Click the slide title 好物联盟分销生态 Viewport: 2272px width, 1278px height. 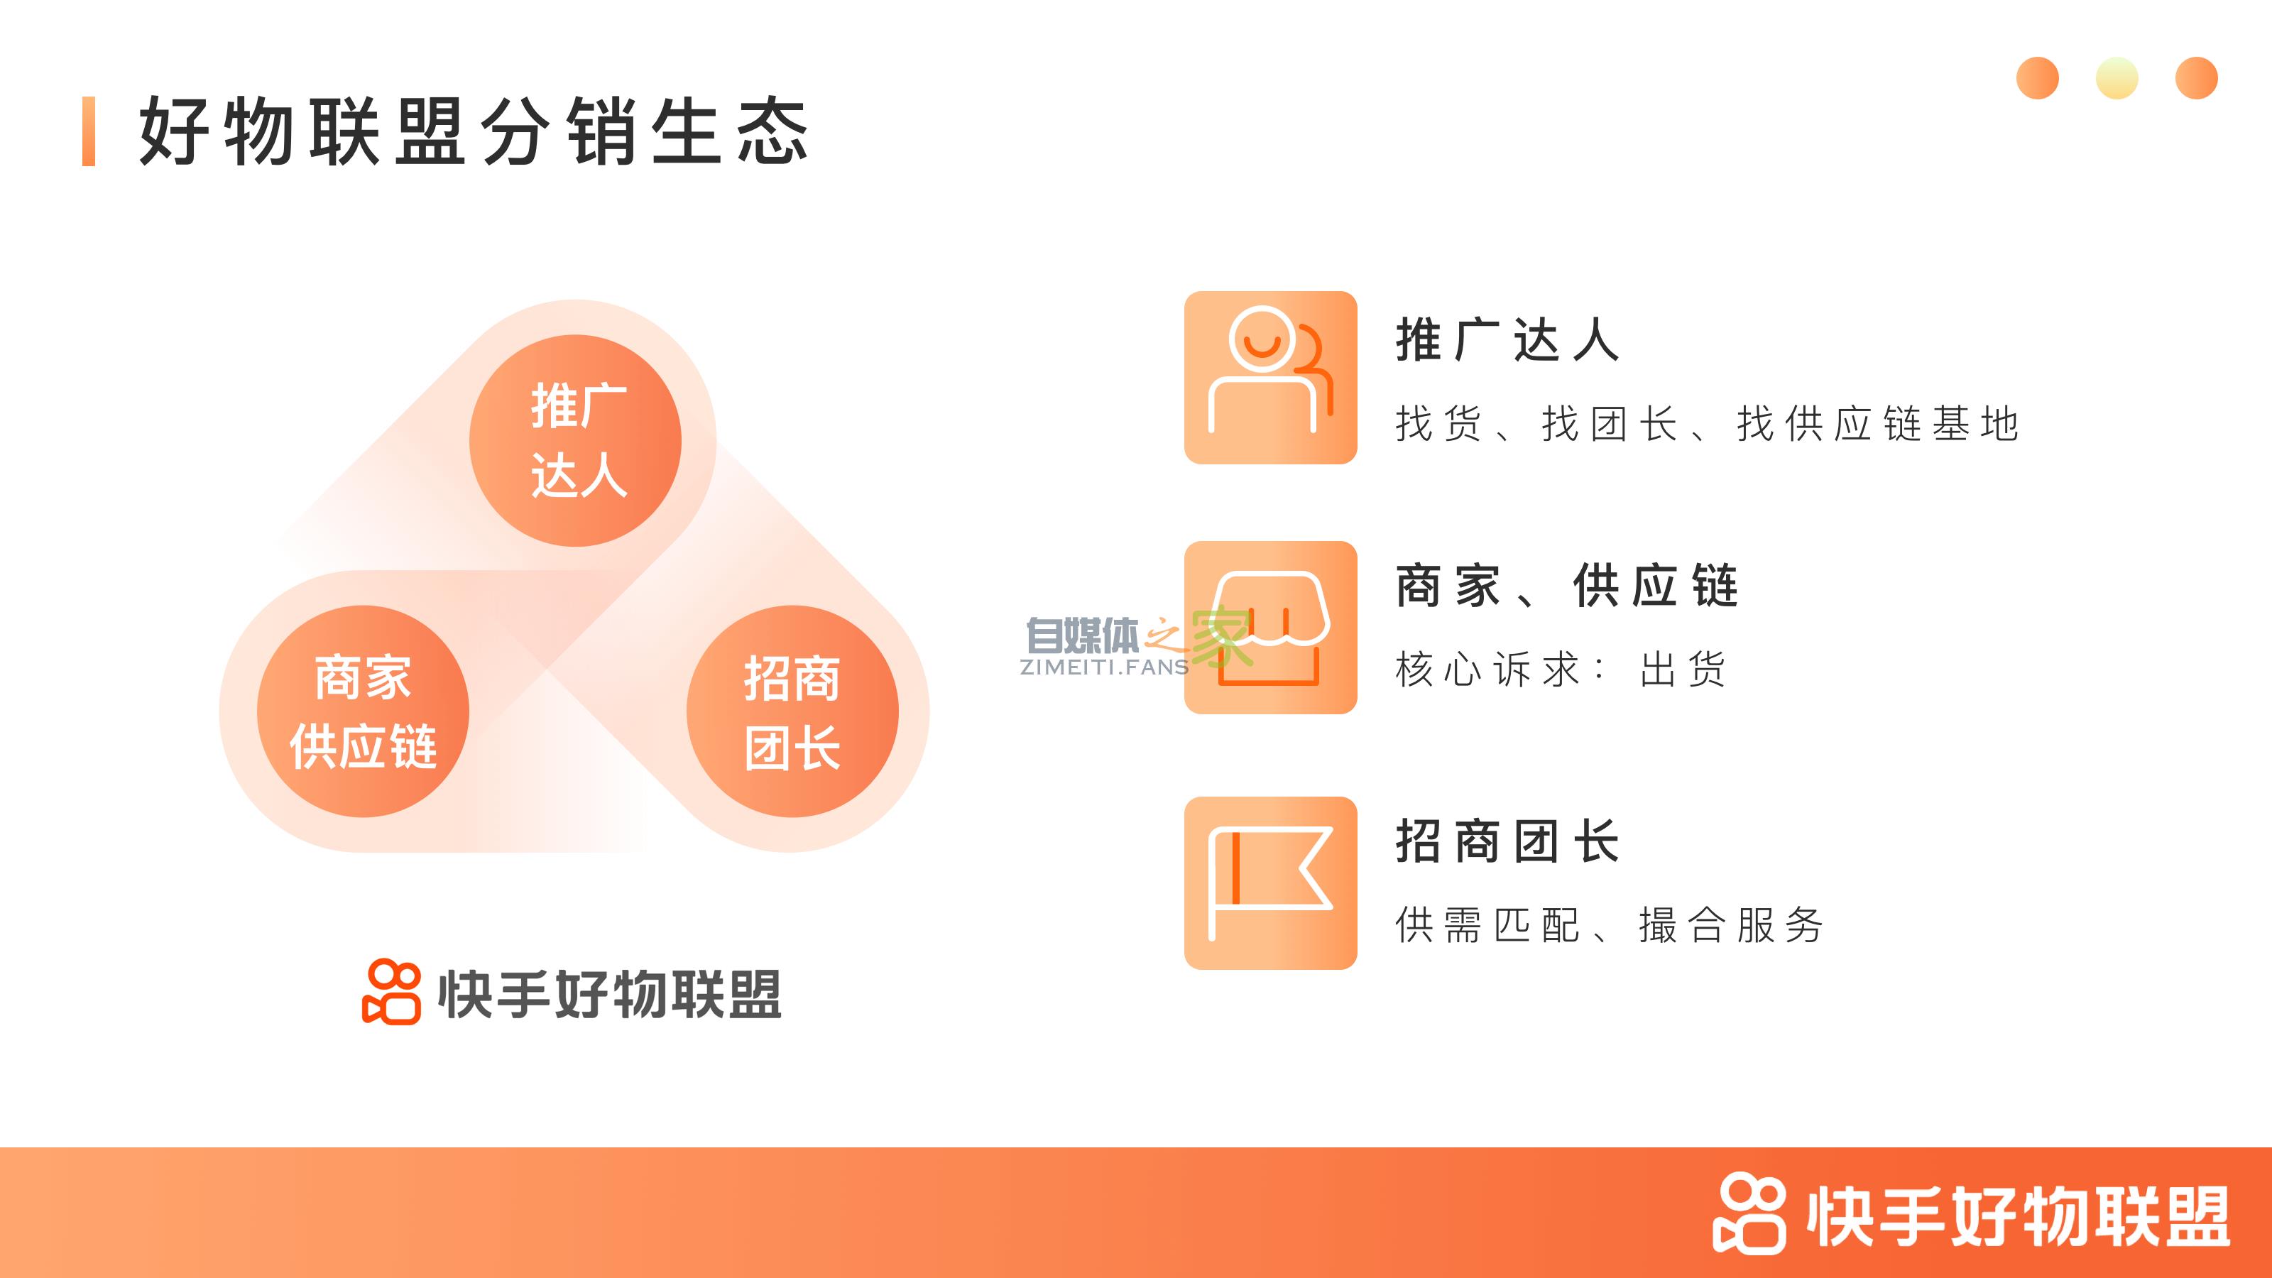click(474, 132)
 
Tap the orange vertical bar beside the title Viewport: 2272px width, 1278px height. click(88, 131)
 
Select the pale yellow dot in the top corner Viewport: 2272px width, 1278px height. click(2116, 79)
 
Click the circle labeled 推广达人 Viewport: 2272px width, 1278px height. click(575, 440)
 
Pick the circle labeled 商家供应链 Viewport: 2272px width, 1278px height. click(363, 711)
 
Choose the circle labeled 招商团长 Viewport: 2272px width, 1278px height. click(792, 711)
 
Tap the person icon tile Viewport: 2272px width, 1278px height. click(1270, 378)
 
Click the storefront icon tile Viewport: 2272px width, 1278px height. click(1270, 627)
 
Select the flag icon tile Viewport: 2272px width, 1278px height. click(1270, 883)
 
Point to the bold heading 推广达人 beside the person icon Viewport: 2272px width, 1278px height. click(1507, 339)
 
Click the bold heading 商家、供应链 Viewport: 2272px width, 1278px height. click(1566, 586)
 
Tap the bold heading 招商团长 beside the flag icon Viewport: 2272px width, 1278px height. click(1507, 841)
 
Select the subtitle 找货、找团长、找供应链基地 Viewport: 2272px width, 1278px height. click(1707, 425)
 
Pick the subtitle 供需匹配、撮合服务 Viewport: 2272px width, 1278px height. click(1609, 925)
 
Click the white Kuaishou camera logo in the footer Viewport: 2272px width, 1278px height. click(1749, 1213)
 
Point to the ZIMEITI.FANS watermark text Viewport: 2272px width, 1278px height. click(1104, 667)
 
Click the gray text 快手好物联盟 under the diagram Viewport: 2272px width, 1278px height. click(609, 994)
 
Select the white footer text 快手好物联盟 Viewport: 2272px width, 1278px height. click(2018, 1216)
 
